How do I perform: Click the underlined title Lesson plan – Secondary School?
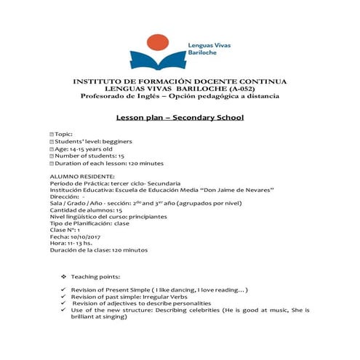180,118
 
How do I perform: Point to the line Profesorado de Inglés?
180,97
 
